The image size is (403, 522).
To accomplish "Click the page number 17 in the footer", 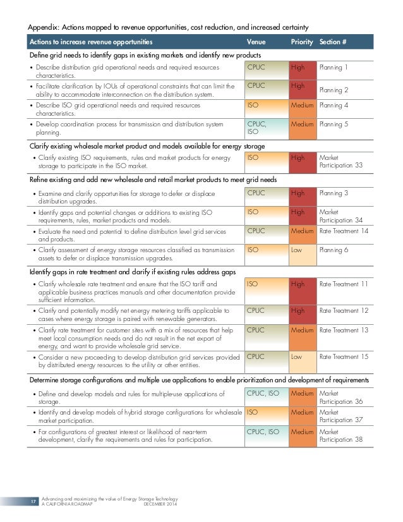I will pos(33,503).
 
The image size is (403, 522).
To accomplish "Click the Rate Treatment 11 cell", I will pos(346,284).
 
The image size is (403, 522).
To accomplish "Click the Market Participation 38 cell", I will pos(341,435).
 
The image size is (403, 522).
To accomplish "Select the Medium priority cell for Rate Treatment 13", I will pos(302,337).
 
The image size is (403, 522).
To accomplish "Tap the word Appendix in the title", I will pos(45,27).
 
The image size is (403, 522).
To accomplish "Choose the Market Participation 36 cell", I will pos(341,397).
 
